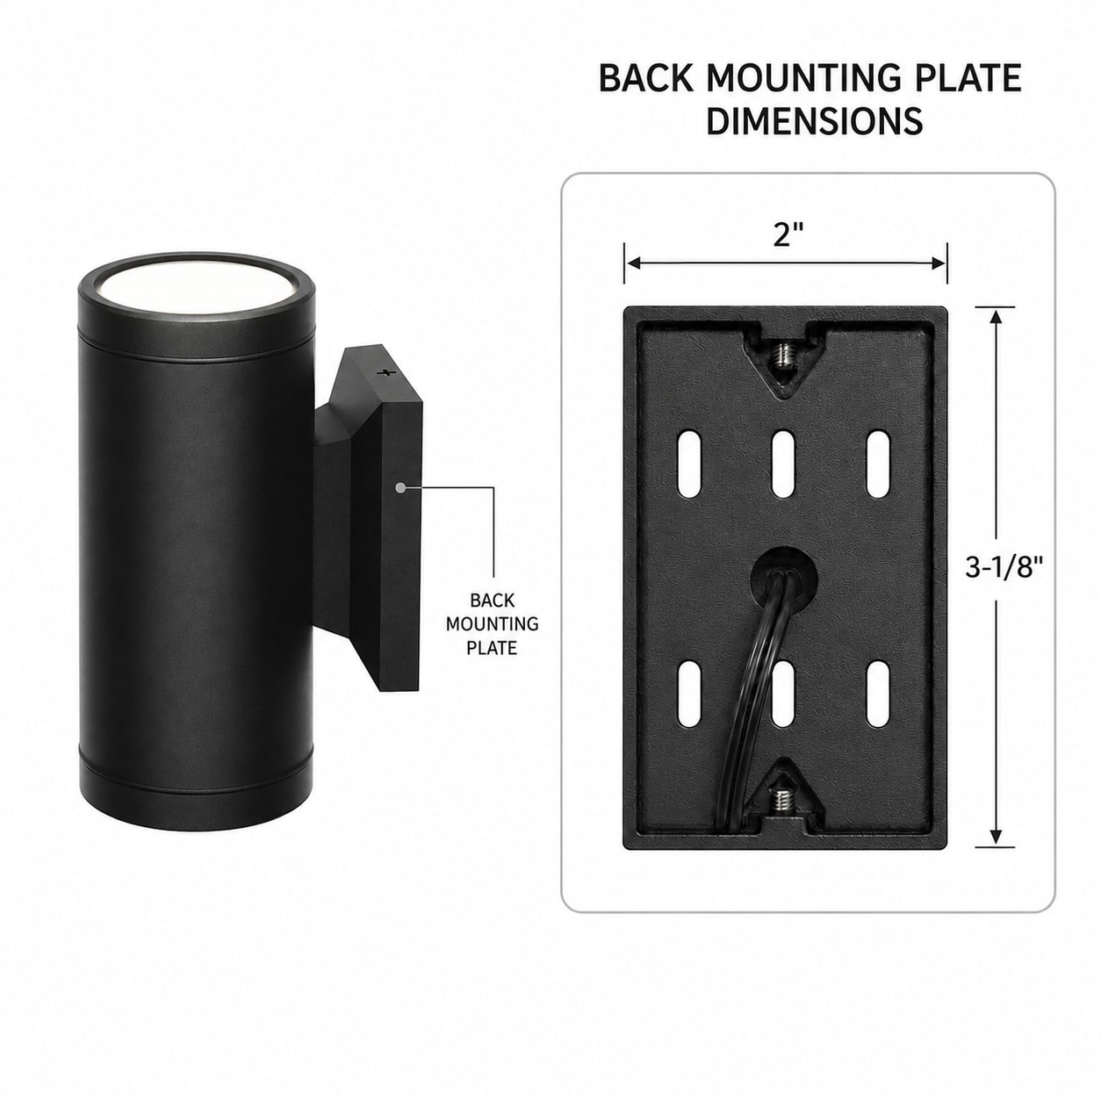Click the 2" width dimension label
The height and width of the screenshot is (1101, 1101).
[x=788, y=234]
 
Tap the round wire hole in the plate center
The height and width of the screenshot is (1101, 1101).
[x=783, y=579]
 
